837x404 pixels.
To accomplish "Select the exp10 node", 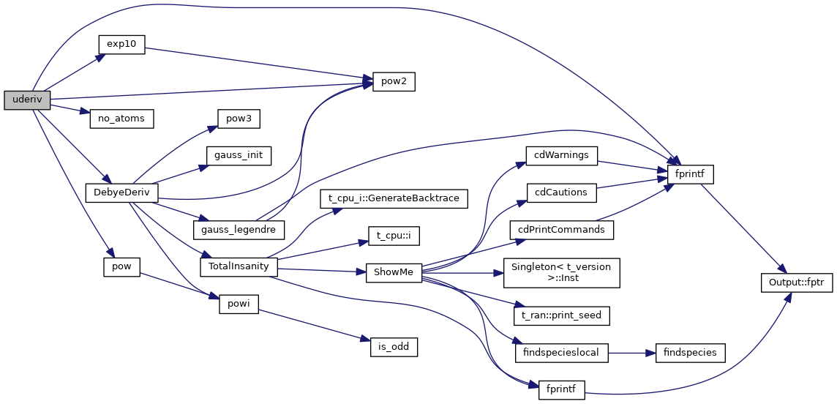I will [121, 44].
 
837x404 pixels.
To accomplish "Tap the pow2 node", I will [394, 82].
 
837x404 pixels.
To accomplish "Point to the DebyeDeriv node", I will [121, 193].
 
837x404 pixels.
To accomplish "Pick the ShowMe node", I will [394, 272].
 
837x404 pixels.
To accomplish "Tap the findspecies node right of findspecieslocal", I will [691, 353].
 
